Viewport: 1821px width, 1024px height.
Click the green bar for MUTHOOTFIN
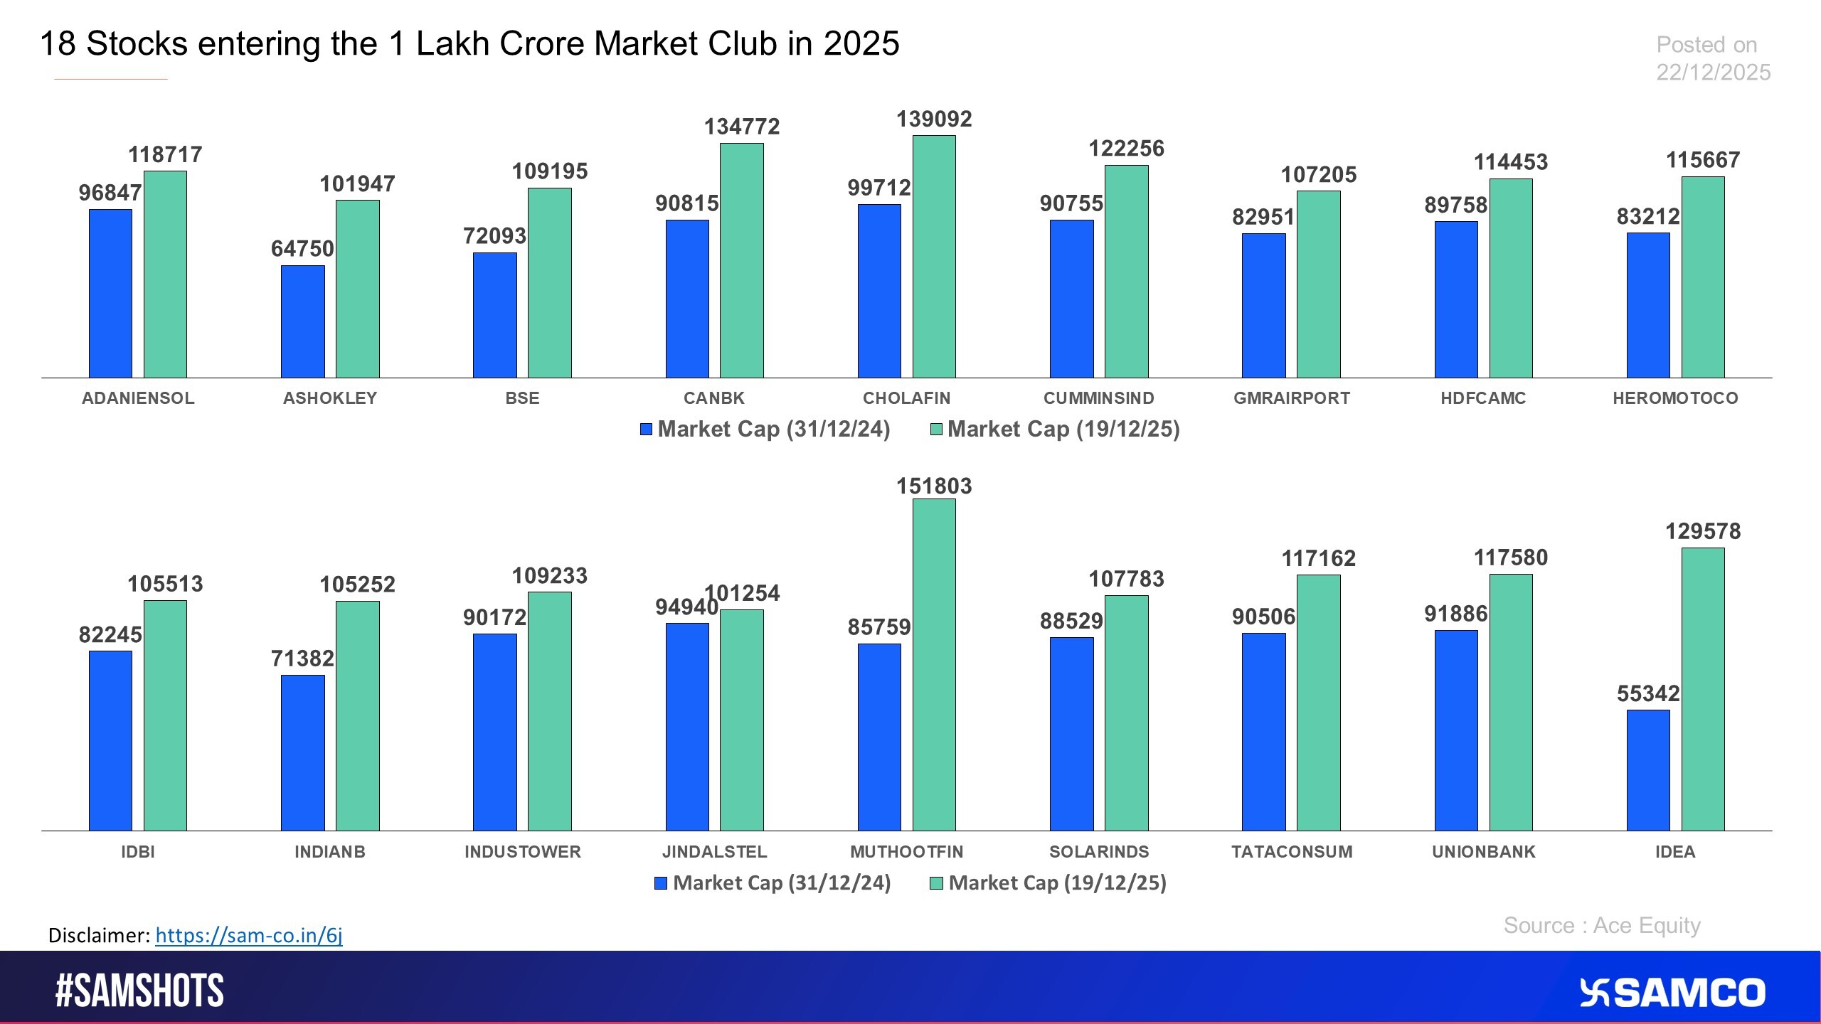tap(934, 665)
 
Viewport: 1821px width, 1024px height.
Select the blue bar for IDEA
tap(1647, 770)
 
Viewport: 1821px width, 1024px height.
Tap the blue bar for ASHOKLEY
tap(302, 321)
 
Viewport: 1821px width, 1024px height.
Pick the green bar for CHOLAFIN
tap(934, 256)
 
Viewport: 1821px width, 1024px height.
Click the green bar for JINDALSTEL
tap(741, 720)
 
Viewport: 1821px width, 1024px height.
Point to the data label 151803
tap(934, 486)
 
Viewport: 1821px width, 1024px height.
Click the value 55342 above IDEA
tap(1647, 693)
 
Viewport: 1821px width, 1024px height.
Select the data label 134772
tap(741, 127)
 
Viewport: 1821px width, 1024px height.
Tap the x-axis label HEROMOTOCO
tap(1674, 398)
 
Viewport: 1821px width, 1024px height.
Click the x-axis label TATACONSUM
tap(1291, 852)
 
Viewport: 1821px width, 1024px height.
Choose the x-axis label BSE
tap(522, 398)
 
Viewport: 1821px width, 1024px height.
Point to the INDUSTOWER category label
tap(522, 852)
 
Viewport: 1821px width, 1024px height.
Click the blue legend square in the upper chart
tap(646, 429)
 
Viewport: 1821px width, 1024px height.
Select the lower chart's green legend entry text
tap(1057, 882)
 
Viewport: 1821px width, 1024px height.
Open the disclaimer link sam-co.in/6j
tap(248, 935)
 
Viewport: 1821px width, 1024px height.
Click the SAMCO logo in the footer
tap(1672, 993)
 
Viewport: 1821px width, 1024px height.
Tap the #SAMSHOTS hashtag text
tap(139, 991)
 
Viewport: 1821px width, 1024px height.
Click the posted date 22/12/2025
tap(1713, 73)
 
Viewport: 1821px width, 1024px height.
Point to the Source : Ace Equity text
tap(1601, 925)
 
